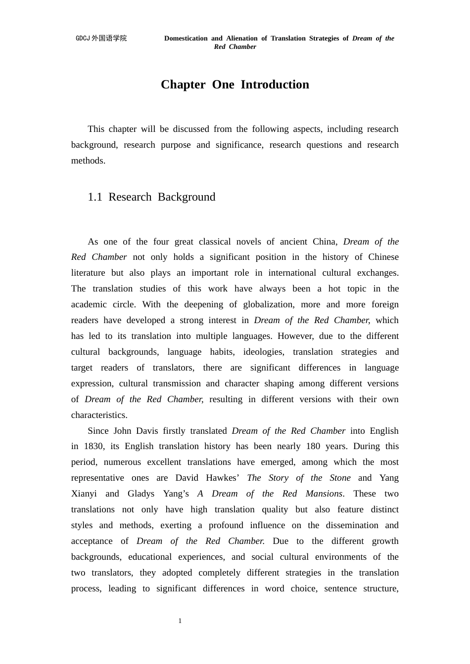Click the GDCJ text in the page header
tap(83, 38)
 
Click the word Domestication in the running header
tap(186, 38)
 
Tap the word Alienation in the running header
tap(241, 38)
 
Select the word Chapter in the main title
tap(183, 84)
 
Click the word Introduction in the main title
tap(275, 84)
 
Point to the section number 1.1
tap(94, 197)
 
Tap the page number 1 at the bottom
tap(180, 621)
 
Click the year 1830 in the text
tap(94, 446)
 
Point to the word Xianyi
tap(84, 494)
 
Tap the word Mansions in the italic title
tap(324, 494)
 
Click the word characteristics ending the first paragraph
tap(99, 415)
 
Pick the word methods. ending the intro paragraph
tap(88, 161)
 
